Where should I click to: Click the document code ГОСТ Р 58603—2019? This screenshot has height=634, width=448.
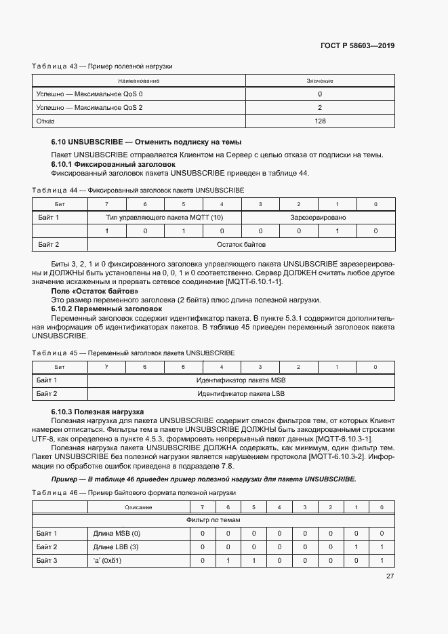(x=357, y=46)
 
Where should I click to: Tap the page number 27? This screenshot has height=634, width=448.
(x=390, y=576)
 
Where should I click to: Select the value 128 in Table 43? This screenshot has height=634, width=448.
(x=320, y=121)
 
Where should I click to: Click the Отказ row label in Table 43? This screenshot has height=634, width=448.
(x=46, y=121)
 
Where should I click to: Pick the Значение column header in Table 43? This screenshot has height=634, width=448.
(x=320, y=81)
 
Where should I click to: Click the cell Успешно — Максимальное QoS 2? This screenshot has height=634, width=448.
(x=89, y=107)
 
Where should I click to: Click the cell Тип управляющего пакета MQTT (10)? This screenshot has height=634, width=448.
(x=165, y=218)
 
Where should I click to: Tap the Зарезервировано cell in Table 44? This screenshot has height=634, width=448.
(x=318, y=218)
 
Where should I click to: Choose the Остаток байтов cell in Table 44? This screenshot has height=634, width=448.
(x=241, y=244)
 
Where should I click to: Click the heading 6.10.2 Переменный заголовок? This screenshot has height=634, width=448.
(x=107, y=309)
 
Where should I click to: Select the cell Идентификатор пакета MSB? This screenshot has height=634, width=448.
(x=241, y=380)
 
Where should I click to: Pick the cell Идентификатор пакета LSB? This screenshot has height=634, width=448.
(x=241, y=393)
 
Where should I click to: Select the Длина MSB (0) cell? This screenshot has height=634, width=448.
(x=117, y=534)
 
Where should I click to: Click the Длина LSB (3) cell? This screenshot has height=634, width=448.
(x=116, y=547)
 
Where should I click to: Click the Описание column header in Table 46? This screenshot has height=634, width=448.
(x=138, y=507)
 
